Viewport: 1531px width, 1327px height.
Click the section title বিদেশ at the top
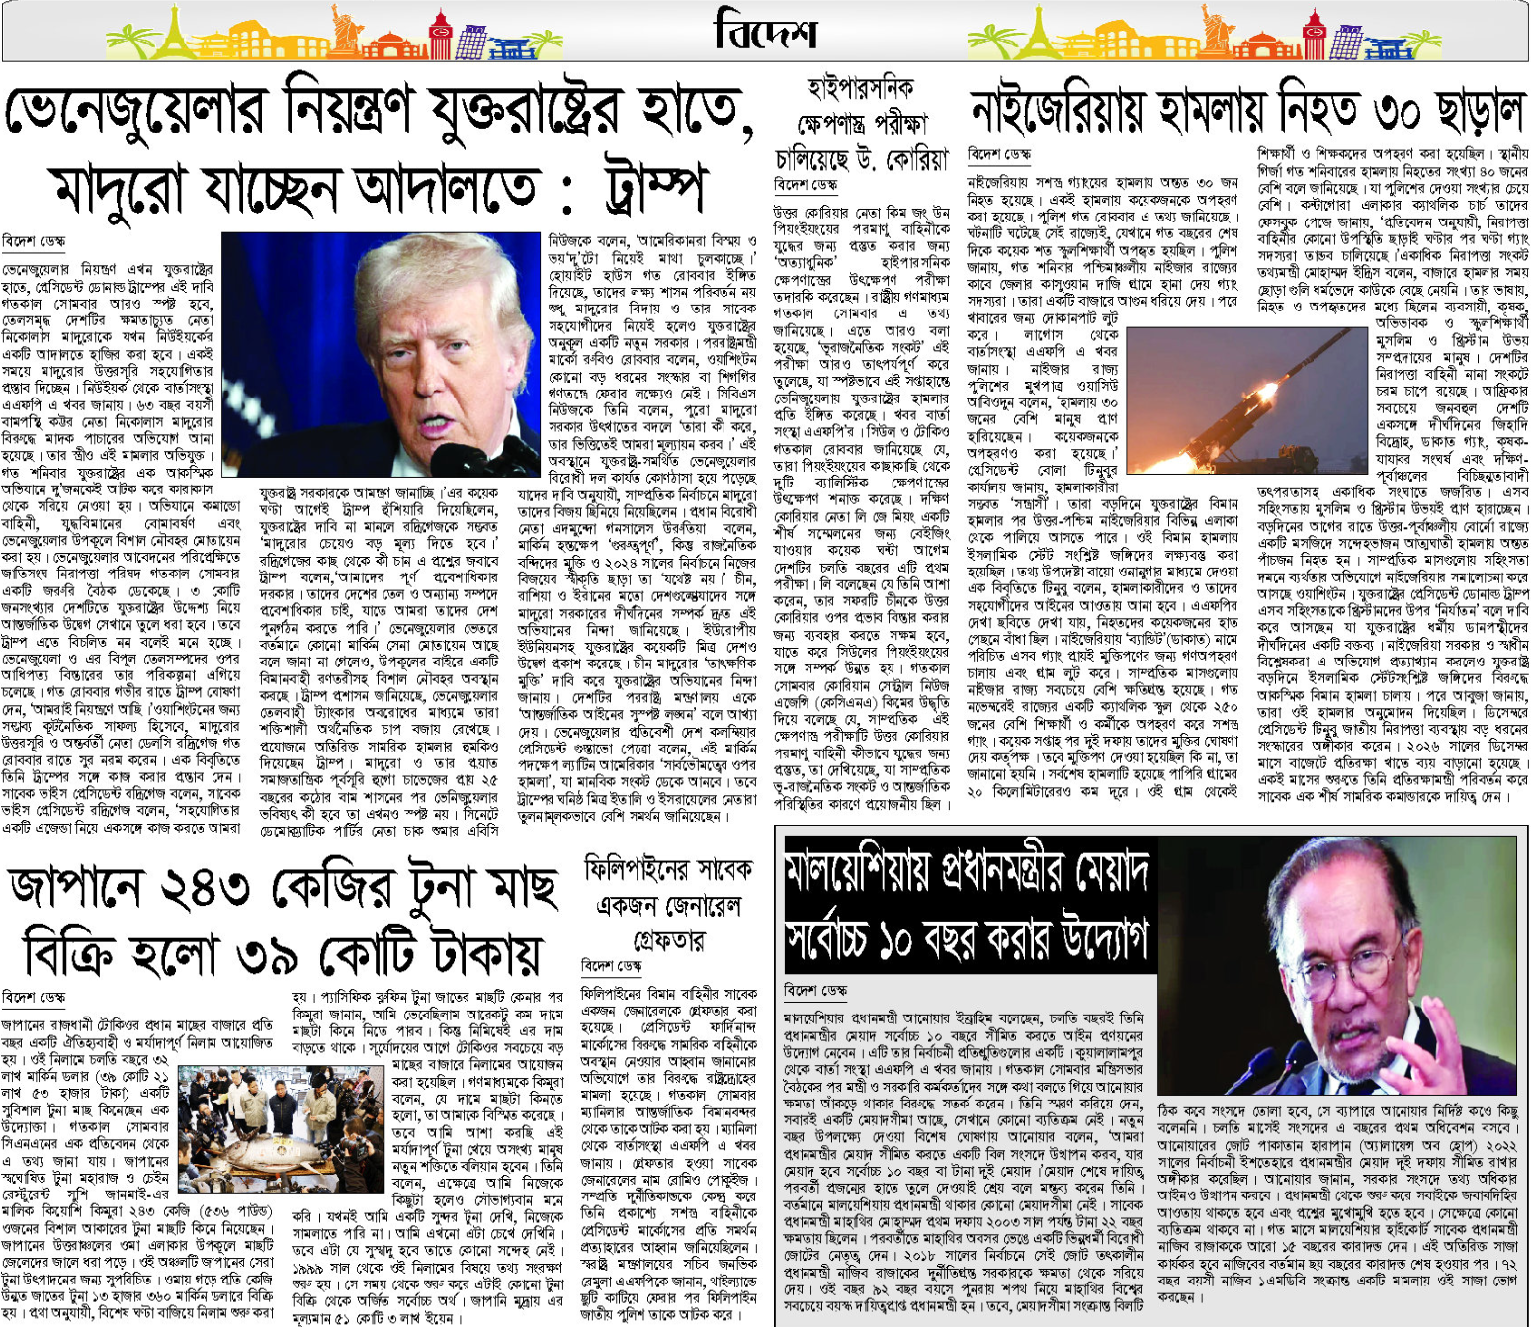pos(765,31)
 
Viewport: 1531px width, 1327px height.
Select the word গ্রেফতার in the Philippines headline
pos(668,938)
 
